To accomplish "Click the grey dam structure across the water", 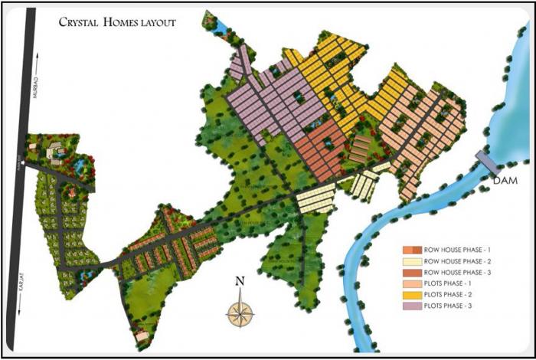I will coord(485,162).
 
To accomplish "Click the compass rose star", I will coord(240,312).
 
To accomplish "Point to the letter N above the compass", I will coord(240,281).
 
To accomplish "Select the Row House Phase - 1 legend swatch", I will coord(412,250).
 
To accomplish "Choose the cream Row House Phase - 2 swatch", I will coord(412,261).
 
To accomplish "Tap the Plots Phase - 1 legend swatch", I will coord(412,283).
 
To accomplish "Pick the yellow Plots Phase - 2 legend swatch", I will coord(412,295).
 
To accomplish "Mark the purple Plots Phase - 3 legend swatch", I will coord(412,306).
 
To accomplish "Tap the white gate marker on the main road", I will coord(24,163).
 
